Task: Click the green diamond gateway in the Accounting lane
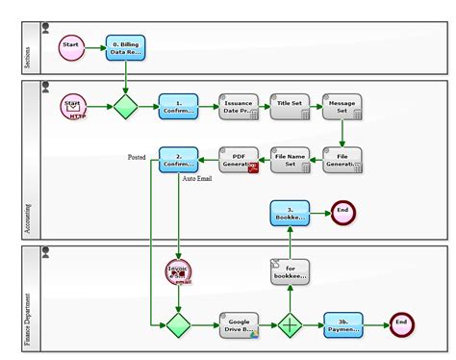click(126, 106)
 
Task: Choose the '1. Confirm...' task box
click(178, 106)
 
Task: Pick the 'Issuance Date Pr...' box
click(238, 106)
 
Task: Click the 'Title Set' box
click(290, 106)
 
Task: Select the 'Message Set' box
click(342, 106)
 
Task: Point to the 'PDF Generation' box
click(238, 159)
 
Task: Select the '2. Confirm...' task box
click(178, 159)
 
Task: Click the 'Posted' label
click(137, 157)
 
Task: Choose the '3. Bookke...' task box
click(290, 214)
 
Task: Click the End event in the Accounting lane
click(343, 213)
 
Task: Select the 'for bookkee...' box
click(290, 271)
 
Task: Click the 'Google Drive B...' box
click(238, 324)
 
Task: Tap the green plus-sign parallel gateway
click(290, 324)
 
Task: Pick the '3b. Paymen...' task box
click(342, 324)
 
